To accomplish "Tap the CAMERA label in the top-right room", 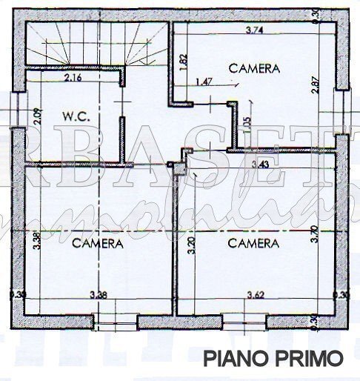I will (254, 68).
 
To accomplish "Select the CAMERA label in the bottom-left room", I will (96, 242).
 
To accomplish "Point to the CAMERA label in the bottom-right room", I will (253, 242).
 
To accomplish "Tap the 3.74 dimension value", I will (256, 30).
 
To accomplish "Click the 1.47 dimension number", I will (204, 82).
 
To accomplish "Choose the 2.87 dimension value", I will (315, 85).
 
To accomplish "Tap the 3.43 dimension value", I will (259, 164).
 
